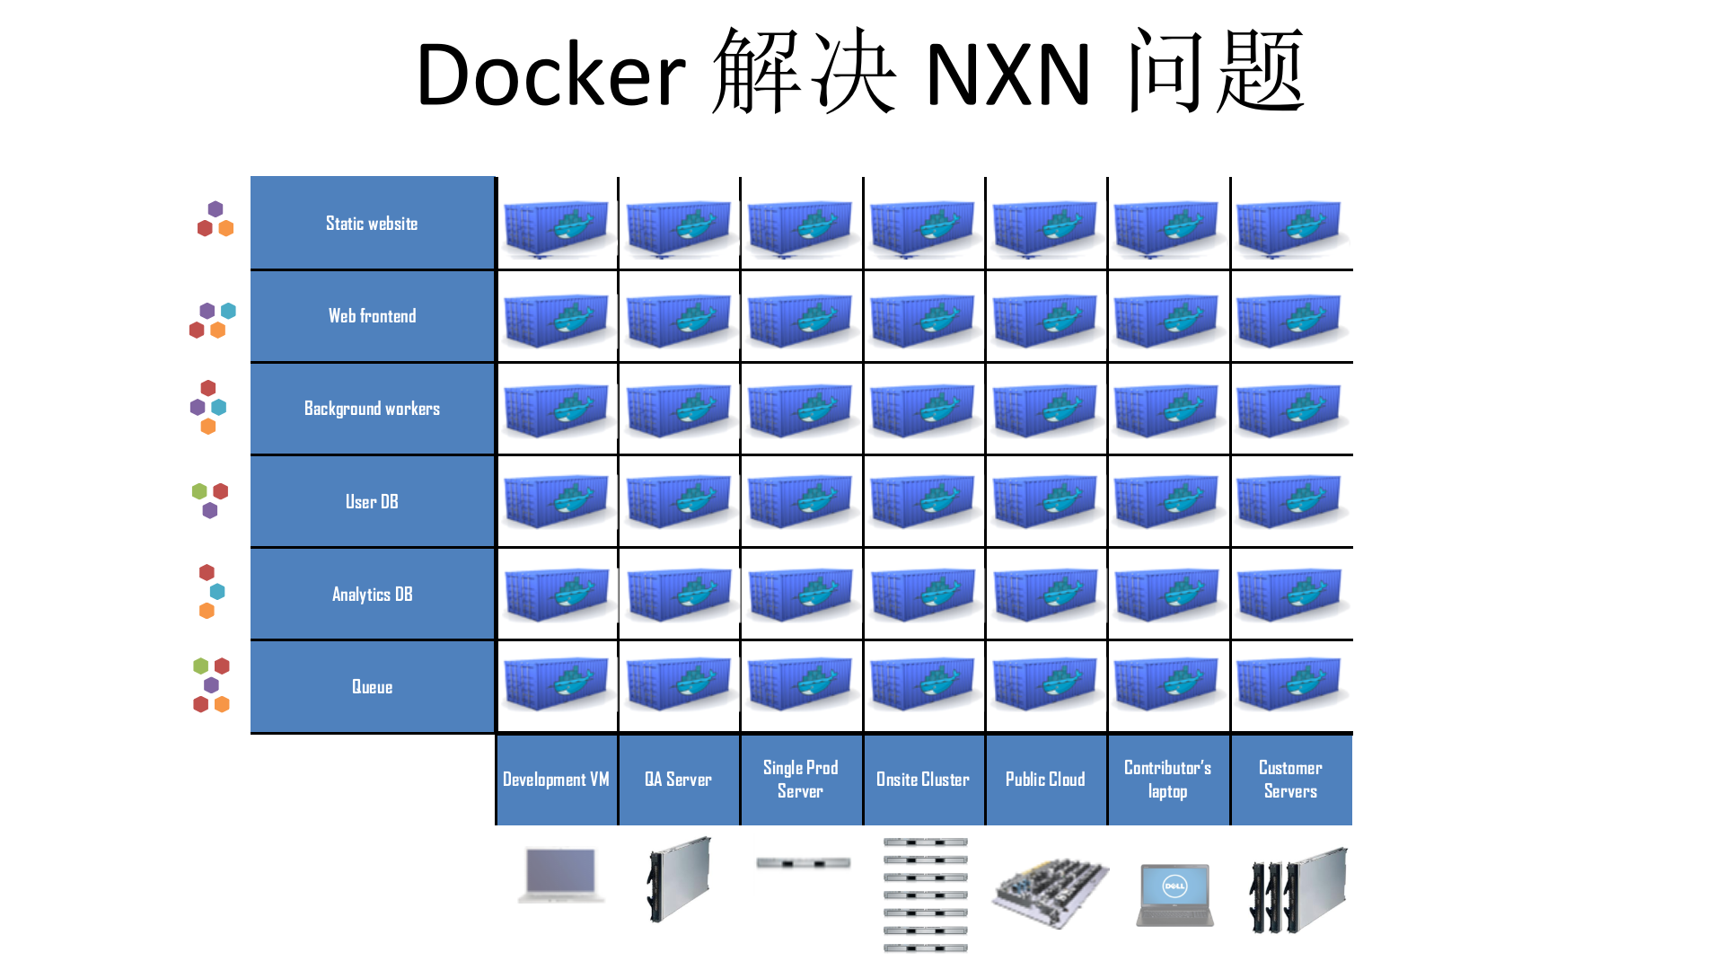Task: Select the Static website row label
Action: [372, 224]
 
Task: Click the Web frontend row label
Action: [372, 316]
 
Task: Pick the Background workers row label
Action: [372, 409]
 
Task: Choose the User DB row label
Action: [372, 502]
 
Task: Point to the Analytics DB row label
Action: [372, 595]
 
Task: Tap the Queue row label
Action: [372, 687]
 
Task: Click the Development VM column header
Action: [556, 780]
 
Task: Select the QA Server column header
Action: [678, 780]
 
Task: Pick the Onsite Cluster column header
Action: [923, 780]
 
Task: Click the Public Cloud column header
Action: [1045, 780]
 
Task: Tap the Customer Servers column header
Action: [1290, 780]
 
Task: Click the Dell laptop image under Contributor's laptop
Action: [1174, 895]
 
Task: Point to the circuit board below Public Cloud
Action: [1050, 892]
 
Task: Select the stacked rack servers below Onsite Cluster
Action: [925, 895]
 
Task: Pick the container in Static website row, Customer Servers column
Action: [1290, 226]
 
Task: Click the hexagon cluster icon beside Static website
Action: [215, 219]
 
